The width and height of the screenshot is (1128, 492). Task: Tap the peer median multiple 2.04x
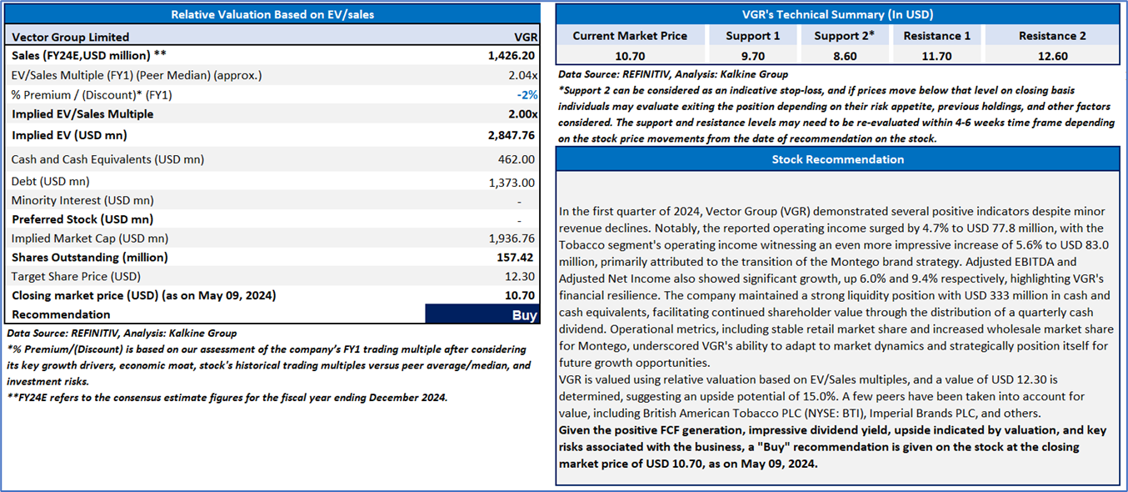(x=522, y=75)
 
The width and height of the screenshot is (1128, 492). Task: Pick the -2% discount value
(x=527, y=94)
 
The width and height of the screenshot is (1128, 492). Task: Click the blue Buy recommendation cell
(x=482, y=314)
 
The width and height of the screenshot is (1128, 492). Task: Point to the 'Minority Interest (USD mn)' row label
(x=82, y=200)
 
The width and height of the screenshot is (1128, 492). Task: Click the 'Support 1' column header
(x=753, y=36)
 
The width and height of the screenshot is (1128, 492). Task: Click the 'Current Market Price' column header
(x=630, y=36)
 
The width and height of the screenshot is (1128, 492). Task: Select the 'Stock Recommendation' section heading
(x=837, y=158)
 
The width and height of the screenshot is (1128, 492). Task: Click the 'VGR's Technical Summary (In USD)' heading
(x=837, y=14)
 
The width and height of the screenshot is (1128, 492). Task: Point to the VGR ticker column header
(x=526, y=37)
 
